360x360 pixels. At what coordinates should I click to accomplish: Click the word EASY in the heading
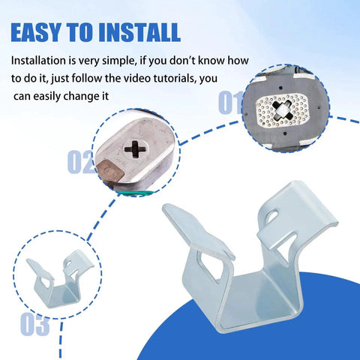[x=35, y=32]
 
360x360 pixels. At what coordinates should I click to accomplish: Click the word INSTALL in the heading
[x=139, y=32]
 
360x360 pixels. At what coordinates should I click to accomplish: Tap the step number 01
[x=230, y=102]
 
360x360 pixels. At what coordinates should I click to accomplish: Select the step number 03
[x=35, y=324]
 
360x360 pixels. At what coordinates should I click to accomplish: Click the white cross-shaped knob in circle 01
[x=282, y=110]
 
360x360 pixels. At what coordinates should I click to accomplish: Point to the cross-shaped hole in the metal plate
[x=135, y=149]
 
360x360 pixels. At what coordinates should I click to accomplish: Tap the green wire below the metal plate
[x=135, y=193]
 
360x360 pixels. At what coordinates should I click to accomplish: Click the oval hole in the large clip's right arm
[x=271, y=214]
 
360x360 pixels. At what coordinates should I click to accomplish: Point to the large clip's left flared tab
[x=197, y=231]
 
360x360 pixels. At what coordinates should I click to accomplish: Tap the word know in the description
[x=210, y=61]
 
